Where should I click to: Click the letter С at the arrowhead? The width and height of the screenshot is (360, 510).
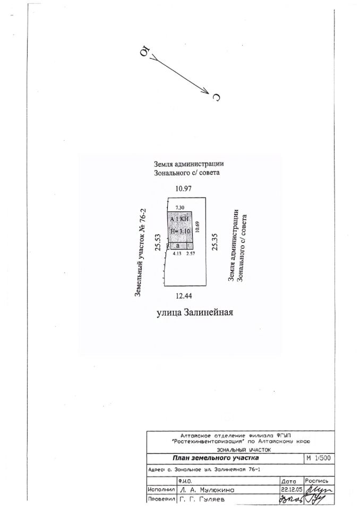216,97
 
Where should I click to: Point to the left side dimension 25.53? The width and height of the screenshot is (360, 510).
157,242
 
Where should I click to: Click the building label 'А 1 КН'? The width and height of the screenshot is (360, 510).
179,219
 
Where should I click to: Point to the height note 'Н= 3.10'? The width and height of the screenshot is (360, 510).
179,232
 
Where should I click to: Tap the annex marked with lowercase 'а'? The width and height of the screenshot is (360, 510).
178,246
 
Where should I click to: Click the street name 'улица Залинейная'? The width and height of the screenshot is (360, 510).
195,312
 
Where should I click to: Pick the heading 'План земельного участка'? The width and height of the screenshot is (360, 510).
216,458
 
